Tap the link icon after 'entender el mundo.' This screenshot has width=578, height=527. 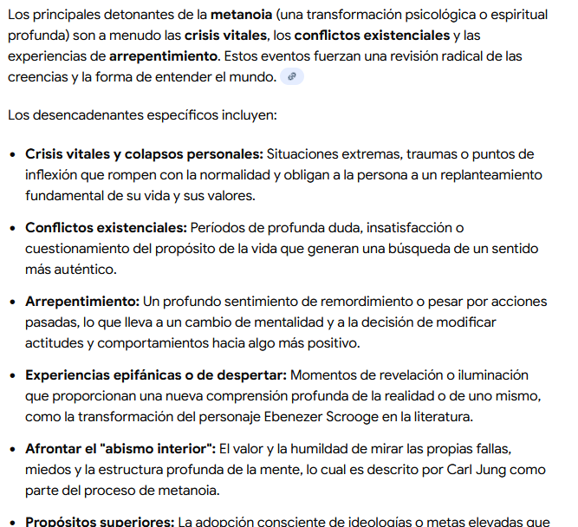pyautogui.click(x=292, y=77)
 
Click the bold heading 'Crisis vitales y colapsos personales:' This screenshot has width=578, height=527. pyautogui.click(x=144, y=154)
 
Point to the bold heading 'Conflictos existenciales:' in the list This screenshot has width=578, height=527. pyautogui.click(x=106, y=228)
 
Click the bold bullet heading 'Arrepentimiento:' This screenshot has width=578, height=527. pyautogui.click(x=82, y=302)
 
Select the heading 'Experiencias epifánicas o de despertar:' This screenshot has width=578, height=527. pyautogui.click(x=156, y=375)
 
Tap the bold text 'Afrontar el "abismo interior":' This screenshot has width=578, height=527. pyautogui.click(x=120, y=449)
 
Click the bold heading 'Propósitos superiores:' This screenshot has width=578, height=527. pyautogui.click(x=100, y=522)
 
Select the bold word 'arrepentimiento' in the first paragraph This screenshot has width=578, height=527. pyautogui.click(x=164, y=56)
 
